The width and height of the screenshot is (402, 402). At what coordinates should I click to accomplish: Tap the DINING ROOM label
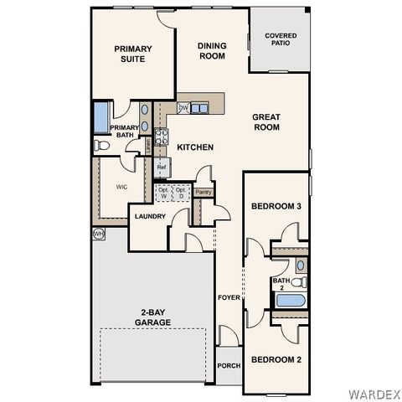211,50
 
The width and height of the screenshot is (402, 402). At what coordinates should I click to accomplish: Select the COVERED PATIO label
281,40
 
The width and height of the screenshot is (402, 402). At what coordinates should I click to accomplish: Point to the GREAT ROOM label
265,122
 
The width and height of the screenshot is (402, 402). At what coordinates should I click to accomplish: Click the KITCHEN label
195,147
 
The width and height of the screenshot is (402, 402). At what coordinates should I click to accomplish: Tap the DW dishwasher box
183,108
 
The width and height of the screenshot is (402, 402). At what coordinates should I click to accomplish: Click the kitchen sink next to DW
200,108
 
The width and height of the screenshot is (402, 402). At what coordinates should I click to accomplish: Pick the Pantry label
203,192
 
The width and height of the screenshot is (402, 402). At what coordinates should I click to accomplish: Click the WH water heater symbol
98,234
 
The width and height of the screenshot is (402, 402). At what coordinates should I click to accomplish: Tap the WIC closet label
121,187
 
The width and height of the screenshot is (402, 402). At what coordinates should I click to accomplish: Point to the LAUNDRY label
151,217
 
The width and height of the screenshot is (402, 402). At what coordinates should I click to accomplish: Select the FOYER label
229,297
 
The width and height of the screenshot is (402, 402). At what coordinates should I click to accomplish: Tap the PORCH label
229,366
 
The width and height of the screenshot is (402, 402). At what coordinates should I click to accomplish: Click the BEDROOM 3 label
276,206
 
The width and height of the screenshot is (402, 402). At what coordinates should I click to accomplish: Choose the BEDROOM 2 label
276,359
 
